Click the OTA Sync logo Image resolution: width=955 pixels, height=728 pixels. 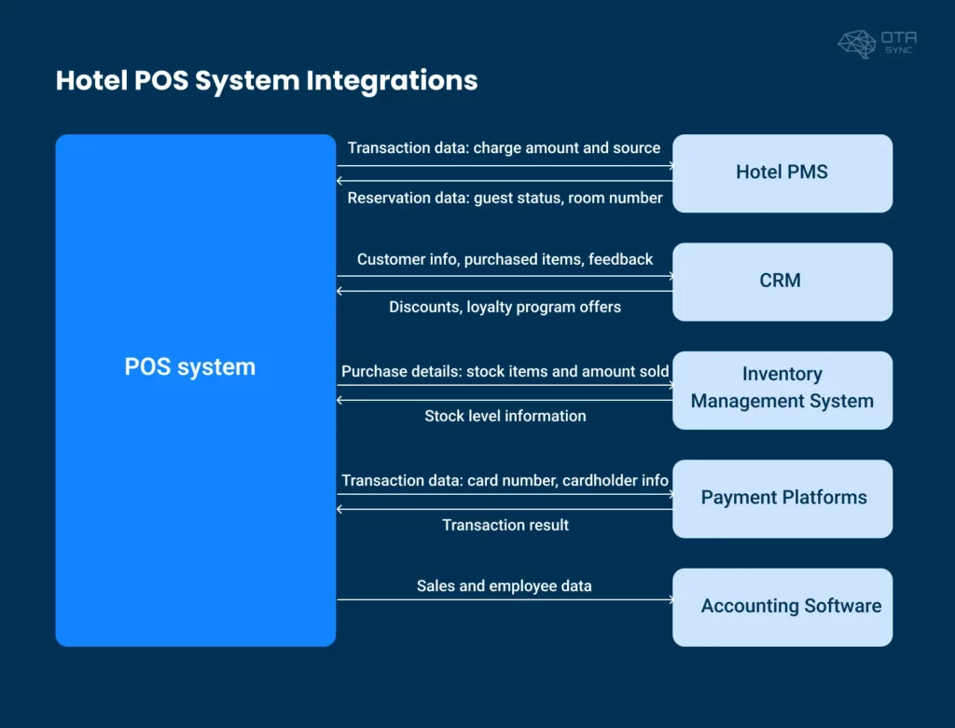(x=876, y=43)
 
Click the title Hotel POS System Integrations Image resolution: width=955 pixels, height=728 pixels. (x=267, y=80)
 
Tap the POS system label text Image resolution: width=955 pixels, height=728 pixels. (x=190, y=367)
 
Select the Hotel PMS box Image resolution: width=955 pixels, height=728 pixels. (x=782, y=173)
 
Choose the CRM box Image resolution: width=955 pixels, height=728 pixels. (x=782, y=282)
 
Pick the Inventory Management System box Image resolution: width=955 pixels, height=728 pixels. (x=782, y=390)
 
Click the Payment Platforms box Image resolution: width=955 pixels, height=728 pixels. (x=782, y=499)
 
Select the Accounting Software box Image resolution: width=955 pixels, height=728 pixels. (x=782, y=607)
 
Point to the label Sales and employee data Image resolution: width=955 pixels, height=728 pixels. (x=505, y=586)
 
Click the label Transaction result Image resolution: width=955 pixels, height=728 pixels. (x=505, y=526)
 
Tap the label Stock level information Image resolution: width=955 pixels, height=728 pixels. (x=505, y=417)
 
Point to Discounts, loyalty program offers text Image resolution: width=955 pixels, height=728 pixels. (x=505, y=308)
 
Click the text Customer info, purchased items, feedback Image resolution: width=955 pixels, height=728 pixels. (x=505, y=259)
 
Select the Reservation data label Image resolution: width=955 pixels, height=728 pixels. (x=505, y=199)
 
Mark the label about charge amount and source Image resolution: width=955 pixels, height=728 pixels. (x=504, y=148)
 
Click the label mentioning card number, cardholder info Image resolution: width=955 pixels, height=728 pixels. (x=505, y=481)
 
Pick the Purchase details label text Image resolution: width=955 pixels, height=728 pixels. (x=505, y=372)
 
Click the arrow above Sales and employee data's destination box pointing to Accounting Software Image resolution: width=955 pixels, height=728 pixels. (x=505, y=600)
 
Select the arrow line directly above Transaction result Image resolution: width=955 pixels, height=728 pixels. (x=505, y=510)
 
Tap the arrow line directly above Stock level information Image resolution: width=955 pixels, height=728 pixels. (x=505, y=401)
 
